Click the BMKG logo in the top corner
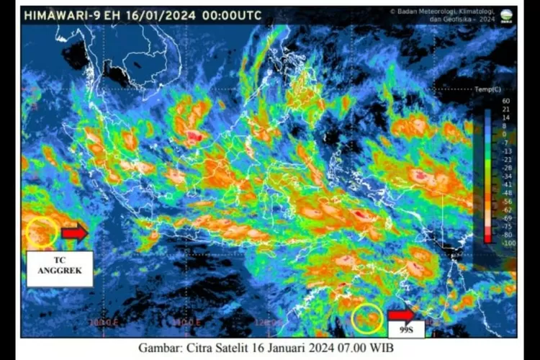point(507,15)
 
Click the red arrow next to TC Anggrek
point(74,233)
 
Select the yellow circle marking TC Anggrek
point(42,233)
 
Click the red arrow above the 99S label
point(401,315)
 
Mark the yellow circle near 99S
point(367,318)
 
